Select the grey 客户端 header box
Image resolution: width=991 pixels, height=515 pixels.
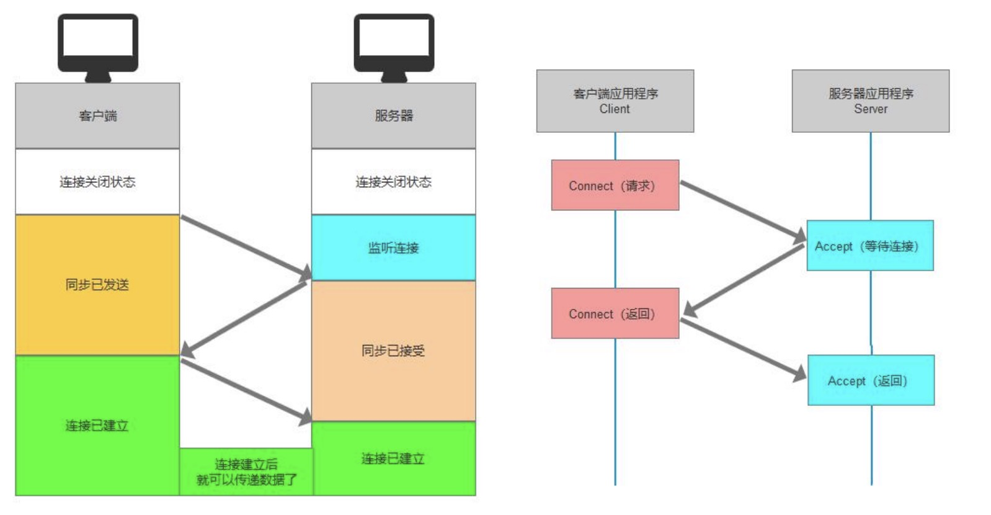click(97, 115)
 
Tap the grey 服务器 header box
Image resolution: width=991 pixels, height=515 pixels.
click(394, 115)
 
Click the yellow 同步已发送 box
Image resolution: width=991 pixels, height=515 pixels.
click(97, 285)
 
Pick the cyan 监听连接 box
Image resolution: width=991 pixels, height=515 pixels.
click(394, 248)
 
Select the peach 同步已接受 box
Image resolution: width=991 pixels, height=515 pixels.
click(394, 351)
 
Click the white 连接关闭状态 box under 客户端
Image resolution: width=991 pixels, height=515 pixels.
click(97, 182)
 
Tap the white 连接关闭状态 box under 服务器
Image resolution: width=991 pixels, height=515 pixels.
click(394, 182)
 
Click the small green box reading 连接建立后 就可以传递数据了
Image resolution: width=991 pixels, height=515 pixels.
click(247, 472)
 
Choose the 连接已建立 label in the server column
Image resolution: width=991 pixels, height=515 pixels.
click(394, 459)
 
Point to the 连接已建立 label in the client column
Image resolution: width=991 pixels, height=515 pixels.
click(97, 426)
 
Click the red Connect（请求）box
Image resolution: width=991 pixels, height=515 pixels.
click(615, 186)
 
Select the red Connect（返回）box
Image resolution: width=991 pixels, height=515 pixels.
click(615, 313)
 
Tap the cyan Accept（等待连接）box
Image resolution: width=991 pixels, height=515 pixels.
click(869, 246)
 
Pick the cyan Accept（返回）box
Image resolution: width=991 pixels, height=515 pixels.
click(870, 380)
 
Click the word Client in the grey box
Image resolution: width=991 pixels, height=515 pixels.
click(615, 109)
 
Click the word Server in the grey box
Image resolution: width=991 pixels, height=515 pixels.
click(871, 109)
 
